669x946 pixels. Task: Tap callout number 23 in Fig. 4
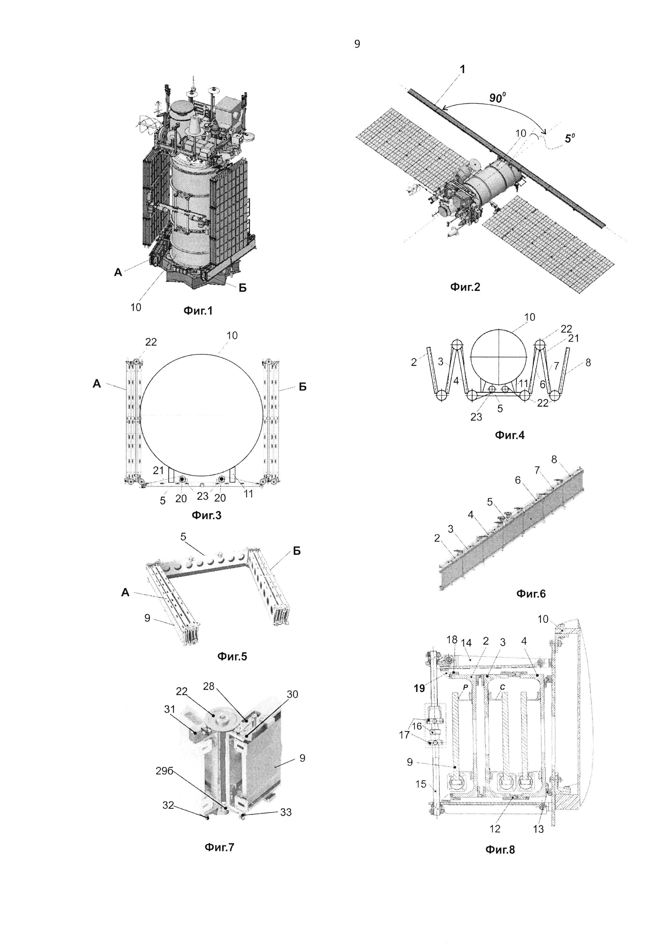pyautogui.click(x=476, y=417)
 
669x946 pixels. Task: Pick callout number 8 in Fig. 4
pyautogui.click(x=588, y=363)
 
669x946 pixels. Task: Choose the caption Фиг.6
pyautogui.click(x=531, y=593)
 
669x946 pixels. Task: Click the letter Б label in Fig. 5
pyautogui.click(x=297, y=551)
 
